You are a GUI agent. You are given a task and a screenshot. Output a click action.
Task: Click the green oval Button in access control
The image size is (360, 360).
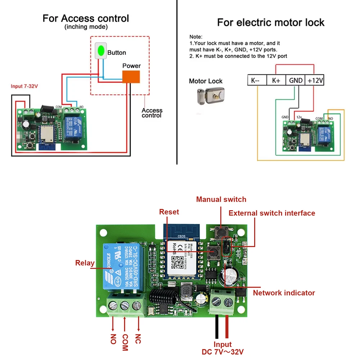(101, 51)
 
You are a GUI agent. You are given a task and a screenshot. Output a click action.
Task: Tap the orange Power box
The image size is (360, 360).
(131, 77)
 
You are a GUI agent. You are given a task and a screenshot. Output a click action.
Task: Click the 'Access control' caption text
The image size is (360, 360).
(152, 113)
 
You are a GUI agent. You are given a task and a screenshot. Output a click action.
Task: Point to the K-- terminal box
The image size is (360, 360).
(257, 80)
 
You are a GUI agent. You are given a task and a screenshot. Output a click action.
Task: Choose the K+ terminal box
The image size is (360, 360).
(276, 80)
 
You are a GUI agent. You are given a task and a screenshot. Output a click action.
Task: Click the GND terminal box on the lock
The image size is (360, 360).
(296, 80)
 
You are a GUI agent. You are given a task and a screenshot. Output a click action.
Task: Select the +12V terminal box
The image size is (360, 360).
(315, 80)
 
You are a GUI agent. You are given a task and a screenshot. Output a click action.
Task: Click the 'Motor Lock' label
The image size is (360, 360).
(206, 81)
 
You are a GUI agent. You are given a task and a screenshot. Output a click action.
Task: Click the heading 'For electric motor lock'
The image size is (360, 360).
(271, 22)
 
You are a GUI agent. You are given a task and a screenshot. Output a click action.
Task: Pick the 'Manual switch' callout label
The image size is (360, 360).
(221, 199)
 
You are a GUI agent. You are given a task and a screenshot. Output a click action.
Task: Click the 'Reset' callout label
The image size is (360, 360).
(169, 212)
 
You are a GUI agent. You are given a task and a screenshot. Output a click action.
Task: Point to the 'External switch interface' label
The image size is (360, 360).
(272, 213)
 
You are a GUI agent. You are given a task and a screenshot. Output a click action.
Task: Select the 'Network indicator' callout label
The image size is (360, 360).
(284, 293)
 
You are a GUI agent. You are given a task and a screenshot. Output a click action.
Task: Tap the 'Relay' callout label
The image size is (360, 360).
(85, 263)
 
